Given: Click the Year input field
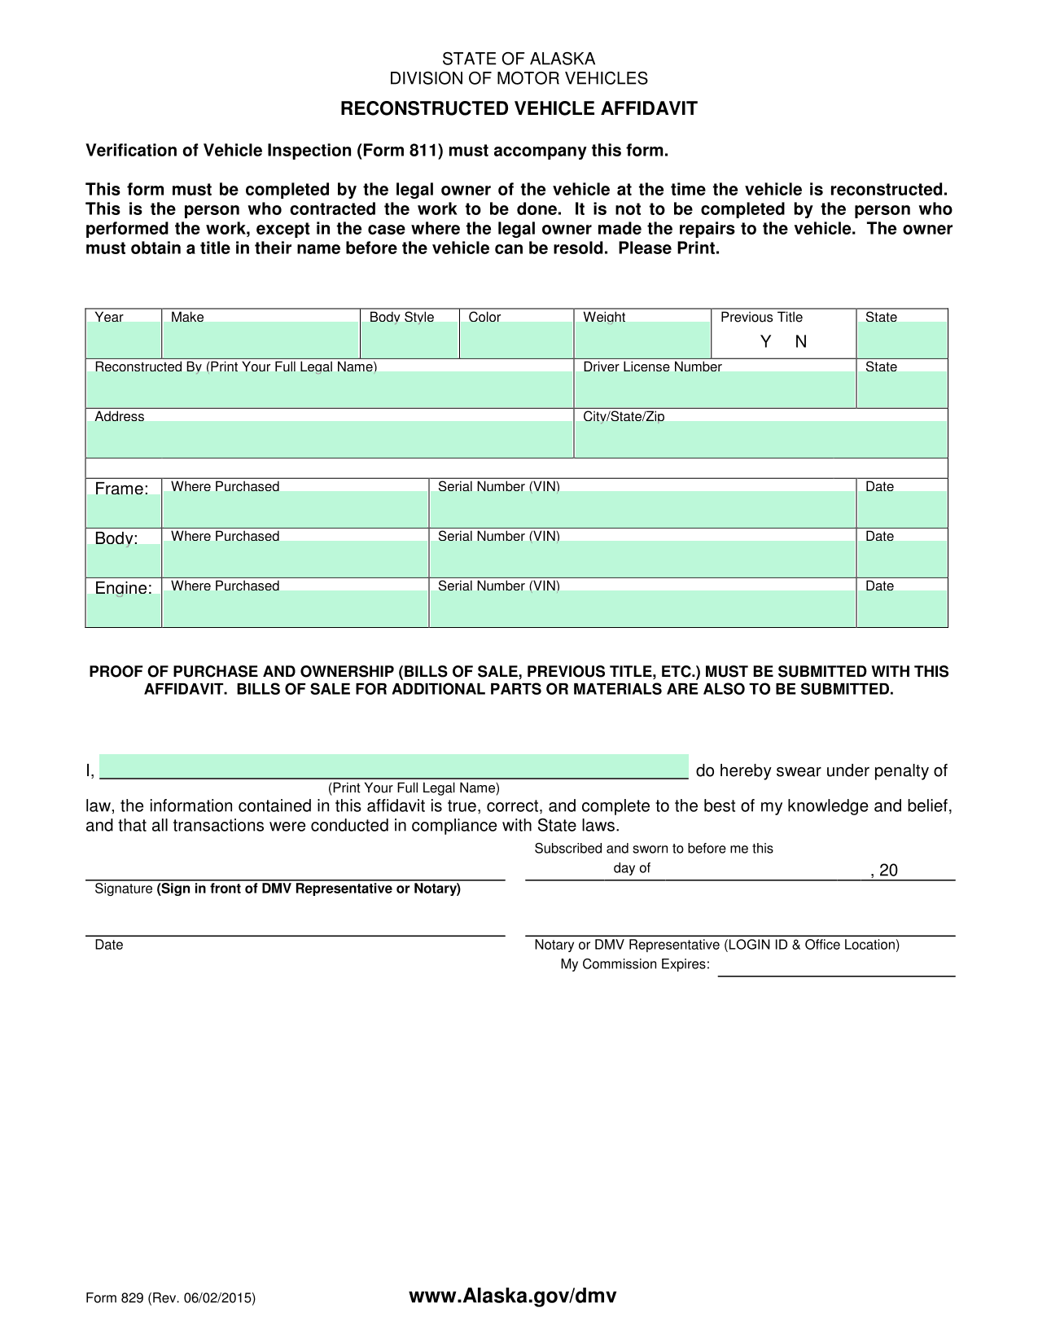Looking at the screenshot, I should click(124, 340).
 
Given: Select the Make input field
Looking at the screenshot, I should click(261, 340).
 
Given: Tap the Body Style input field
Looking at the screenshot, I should click(410, 340).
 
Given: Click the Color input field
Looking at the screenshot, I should click(517, 340).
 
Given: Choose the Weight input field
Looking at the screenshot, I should click(643, 340).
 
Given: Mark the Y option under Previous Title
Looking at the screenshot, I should click(765, 342).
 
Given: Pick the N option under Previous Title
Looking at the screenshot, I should click(801, 342).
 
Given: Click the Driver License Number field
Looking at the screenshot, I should click(716, 389).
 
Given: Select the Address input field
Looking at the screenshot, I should click(330, 439).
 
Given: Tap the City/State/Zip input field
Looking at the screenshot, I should click(761, 439).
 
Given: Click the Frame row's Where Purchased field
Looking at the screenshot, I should click(296, 510).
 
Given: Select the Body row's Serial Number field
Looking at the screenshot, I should click(642, 560).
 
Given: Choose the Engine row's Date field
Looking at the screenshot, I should click(902, 609).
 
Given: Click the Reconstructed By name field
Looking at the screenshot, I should click(330, 389).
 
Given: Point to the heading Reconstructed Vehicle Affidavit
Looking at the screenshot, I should click(519, 109).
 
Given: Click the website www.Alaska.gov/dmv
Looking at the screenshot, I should click(513, 1297).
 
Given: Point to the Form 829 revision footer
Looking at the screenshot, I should click(171, 1298).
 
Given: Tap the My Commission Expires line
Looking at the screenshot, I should click(836, 967).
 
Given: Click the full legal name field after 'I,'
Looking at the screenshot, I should click(394, 767).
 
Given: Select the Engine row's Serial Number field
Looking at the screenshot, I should click(642, 609).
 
